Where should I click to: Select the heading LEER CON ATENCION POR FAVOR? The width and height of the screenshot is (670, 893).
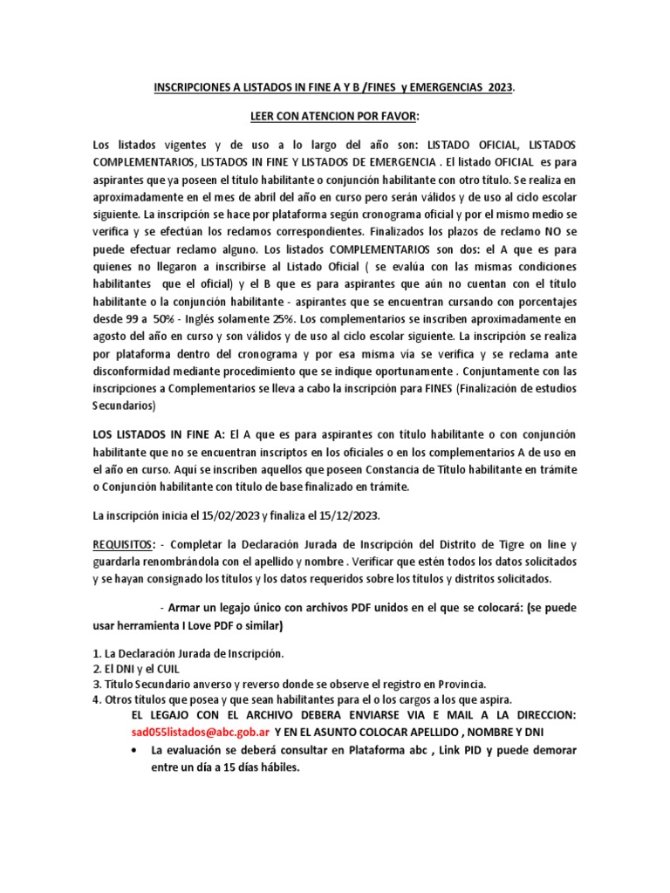pos(334,117)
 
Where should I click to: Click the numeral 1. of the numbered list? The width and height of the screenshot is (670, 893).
pos(96,653)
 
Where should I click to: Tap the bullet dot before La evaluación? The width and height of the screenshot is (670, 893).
pos(133,750)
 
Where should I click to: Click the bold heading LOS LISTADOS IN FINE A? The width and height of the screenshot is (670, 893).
pos(159,433)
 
